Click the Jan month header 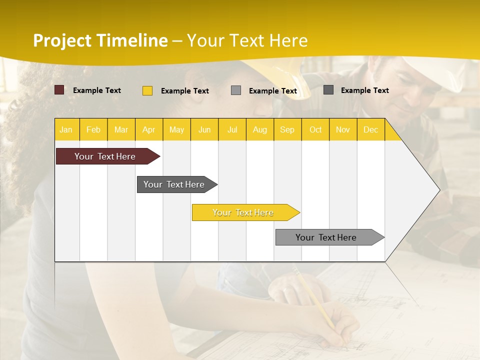[x=66, y=129]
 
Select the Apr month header [x=149, y=129]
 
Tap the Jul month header [x=232, y=129]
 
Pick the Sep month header [x=287, y=129]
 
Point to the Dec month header [x=371, y=129]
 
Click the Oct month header [x=315, y=129]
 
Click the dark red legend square [x=59, y=90]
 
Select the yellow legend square [x=147, y=90]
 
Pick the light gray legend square [x=236, y=90]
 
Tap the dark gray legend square [x=328, y=90]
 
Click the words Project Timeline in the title [x=100, y=40]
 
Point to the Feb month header [x=93, y=129]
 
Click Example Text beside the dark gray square [x=365, y=90]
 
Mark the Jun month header [x=204, y=129]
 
